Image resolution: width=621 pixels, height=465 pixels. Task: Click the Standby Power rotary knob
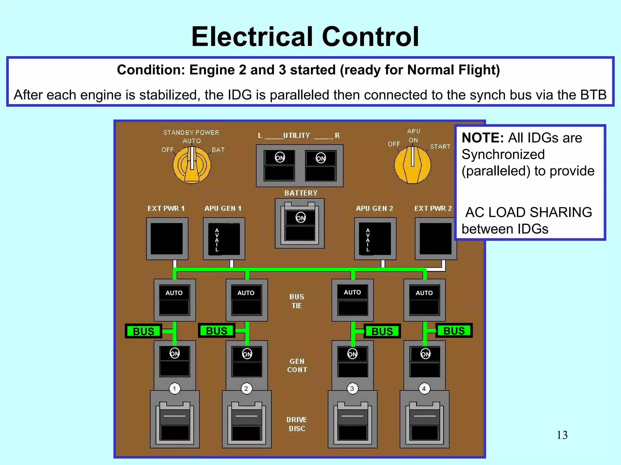tap(192, 165)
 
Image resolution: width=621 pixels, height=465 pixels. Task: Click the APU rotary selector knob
tap(412, 165)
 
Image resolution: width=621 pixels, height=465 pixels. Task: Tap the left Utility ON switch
tap(279, 165)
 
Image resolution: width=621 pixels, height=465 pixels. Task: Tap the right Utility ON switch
tap(321, 165)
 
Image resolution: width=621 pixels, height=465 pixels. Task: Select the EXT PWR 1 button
tap(167, 239)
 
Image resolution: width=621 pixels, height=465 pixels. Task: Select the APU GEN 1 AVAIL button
tap(224, 239)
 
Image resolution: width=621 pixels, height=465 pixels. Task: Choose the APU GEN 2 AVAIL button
tap(375, 239)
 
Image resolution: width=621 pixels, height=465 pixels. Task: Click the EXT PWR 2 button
tap(435, 239)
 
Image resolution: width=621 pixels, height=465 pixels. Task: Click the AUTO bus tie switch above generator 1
tap(174, 300)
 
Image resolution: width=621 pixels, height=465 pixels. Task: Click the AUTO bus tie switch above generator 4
tap(424, 300)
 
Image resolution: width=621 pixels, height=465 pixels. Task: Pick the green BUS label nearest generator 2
tap(217, 331)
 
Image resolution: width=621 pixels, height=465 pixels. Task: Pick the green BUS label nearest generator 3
tap(382, 331)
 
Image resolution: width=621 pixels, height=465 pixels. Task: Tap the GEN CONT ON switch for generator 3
tap(353, 361)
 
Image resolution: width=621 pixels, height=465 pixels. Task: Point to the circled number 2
tap(246, 388)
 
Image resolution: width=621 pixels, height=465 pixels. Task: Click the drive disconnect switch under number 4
tap(425, 422)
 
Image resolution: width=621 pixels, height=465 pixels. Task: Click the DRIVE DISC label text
tap(297, 424)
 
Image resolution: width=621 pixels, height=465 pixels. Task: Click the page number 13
tap(562, 435)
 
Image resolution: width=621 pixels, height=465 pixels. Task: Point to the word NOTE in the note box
tap(482, 138)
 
